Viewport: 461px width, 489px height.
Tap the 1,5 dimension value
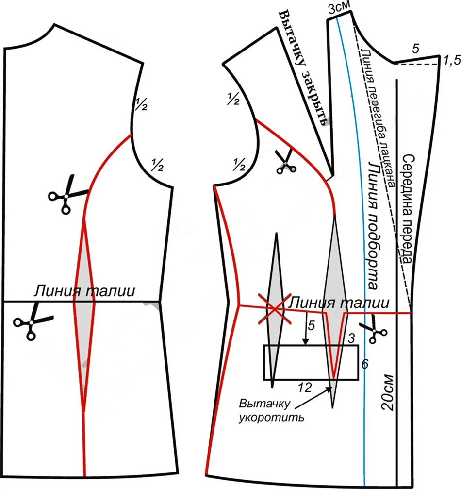pos(451,61)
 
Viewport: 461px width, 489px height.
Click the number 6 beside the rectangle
pos(364,362)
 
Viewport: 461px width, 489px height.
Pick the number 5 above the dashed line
pos(414,49)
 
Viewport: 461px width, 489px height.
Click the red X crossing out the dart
pos(275,309)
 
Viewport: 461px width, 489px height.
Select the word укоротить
pos(272,417)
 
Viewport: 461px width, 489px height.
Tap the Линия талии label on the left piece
pos(83,291)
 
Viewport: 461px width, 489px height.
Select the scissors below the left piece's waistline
pos(32,321)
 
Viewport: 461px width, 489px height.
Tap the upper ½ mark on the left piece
pos(140,105)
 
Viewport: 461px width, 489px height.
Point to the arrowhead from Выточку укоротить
pos(329,388)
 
